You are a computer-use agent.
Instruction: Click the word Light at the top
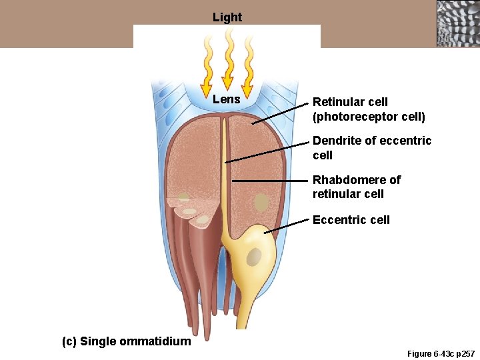click(x=227, y=17)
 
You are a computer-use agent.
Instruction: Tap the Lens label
click(x=227, y=99)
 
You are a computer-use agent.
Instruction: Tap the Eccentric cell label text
click(x=351, y=220)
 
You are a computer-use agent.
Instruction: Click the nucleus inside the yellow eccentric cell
click(x=254, y=256)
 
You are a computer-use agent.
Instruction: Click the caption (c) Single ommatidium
click(x=126, y=341)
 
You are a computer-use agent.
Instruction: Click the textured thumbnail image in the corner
click(x=458, y=23)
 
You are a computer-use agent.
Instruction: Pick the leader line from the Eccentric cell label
click(x=287, y=225)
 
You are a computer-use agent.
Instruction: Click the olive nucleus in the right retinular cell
click(x=261, y=203)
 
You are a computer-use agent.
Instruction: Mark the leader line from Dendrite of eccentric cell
click(x=267, y=153)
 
